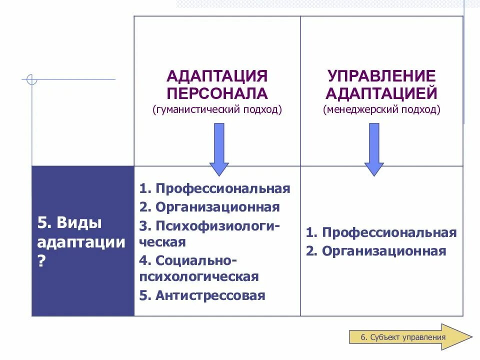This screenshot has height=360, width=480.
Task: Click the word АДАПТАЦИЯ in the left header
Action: click(217, 76)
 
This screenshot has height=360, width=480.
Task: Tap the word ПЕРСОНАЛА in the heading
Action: click(217, 93)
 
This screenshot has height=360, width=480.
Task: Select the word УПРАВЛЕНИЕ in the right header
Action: click(381, 76)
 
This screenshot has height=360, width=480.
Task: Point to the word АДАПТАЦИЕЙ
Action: click(381, 93)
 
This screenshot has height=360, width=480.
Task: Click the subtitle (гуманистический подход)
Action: click(217, 109)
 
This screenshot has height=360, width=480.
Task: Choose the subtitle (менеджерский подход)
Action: click(381, 109)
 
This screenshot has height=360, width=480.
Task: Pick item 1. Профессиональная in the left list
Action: click(215, 188)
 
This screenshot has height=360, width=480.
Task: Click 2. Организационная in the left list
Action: click(209, 207)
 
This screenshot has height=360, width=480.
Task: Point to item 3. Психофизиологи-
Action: click(210, 225)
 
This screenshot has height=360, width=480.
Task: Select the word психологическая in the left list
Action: click(199, 276)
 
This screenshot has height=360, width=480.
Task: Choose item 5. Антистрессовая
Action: click(202, 295)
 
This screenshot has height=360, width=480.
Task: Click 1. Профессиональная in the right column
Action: click(381, 232)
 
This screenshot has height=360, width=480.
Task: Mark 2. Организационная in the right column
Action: click(376, 250)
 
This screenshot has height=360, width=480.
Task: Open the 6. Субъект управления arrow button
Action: click(408, 336)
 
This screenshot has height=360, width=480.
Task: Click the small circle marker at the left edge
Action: click(31, 79)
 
